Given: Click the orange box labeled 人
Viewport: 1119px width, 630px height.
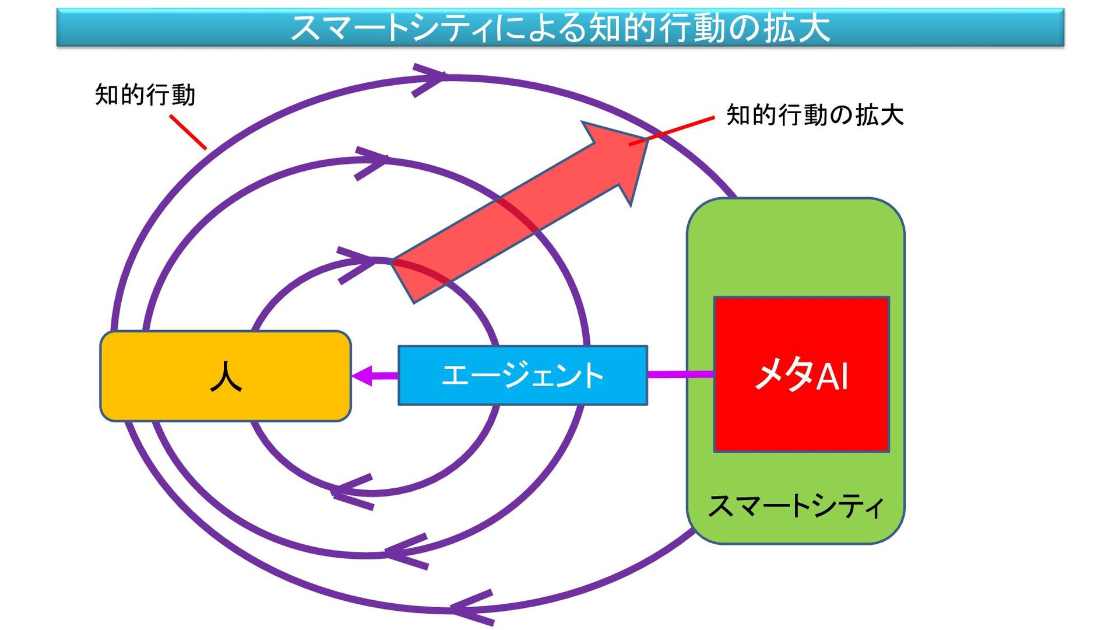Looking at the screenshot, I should (226, 376).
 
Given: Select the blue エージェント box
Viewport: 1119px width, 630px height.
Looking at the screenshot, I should (522, 375).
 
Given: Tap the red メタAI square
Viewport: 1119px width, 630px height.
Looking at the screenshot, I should (801, 374).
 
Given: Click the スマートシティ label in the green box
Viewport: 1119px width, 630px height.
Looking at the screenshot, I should (796, 506).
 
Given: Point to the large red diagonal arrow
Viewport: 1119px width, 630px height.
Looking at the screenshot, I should (519, 213).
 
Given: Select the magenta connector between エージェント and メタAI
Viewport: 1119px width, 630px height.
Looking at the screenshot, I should (680, 374).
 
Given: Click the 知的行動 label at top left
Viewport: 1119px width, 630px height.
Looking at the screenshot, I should (145, 95).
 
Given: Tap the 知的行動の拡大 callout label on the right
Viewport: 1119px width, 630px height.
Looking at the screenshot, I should (815, 115).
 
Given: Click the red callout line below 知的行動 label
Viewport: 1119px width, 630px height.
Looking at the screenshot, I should (188, 132).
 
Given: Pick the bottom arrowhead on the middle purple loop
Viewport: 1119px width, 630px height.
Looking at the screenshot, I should (406, 550).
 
